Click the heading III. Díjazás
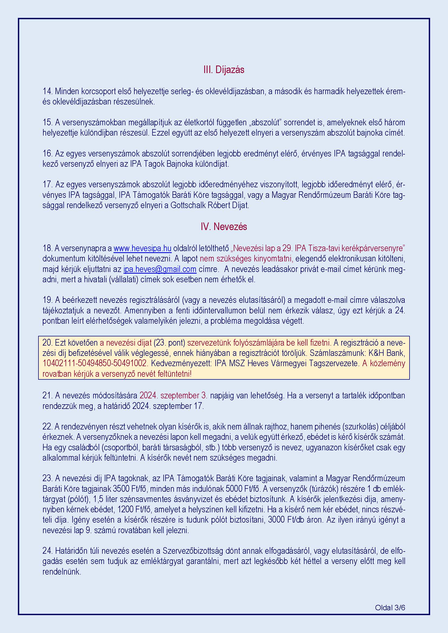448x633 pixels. (224, 70)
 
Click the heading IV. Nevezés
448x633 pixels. (224, 227)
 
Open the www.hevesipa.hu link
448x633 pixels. (142, 248)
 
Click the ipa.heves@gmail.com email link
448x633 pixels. (160, 269)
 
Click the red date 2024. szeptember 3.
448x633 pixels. (174, 396)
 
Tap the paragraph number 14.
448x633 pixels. (47, 91)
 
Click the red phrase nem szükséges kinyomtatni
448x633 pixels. (245, 259)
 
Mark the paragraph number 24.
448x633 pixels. (47, 551)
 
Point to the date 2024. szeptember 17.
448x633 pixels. (168, 406)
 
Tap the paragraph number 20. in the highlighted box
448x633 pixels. (47, 343)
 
